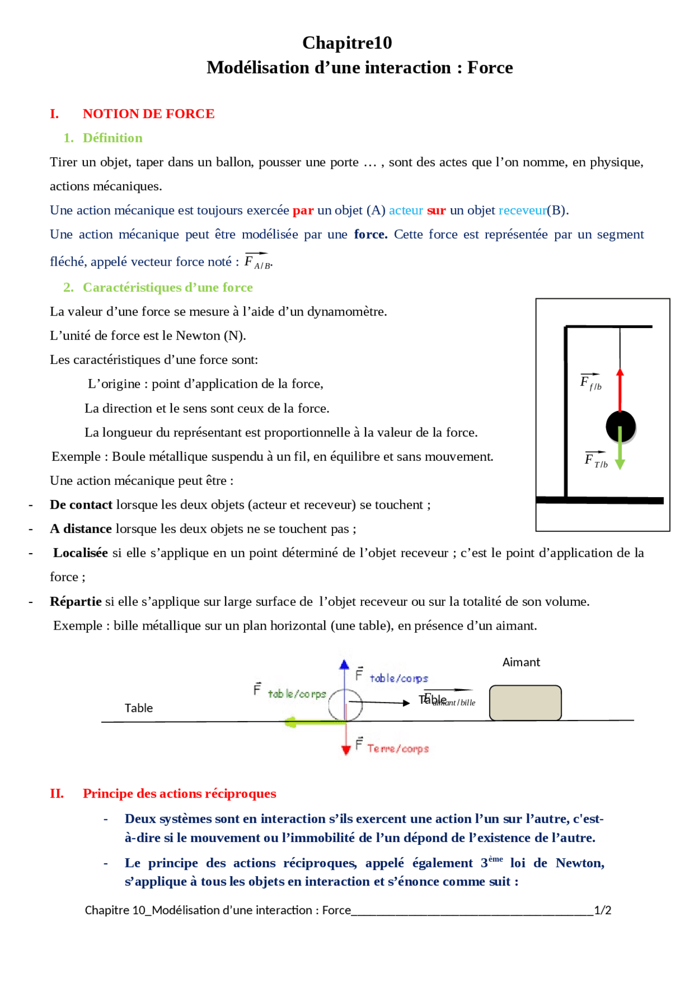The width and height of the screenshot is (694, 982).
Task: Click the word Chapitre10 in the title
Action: point(347,42)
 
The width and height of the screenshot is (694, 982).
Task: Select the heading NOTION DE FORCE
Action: point(149,114)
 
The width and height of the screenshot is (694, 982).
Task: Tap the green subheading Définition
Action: point(112,138)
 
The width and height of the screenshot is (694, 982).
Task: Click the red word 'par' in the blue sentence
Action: point(303,210)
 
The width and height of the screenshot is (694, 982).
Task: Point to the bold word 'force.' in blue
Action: point(371,234)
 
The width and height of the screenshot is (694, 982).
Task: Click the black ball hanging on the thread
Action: point(620,426)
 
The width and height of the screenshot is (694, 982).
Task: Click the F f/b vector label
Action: point(590,382)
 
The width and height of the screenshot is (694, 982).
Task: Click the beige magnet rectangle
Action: point(525,703)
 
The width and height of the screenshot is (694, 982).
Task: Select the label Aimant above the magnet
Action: point(521,662)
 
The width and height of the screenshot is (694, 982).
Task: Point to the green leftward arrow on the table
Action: point(312,722)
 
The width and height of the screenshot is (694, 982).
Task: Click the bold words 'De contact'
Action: point(81,505)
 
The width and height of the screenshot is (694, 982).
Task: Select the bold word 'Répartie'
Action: point(76,601)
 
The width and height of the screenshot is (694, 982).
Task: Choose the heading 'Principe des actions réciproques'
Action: point(179,793)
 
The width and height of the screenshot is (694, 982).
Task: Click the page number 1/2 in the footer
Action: point(602,910)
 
